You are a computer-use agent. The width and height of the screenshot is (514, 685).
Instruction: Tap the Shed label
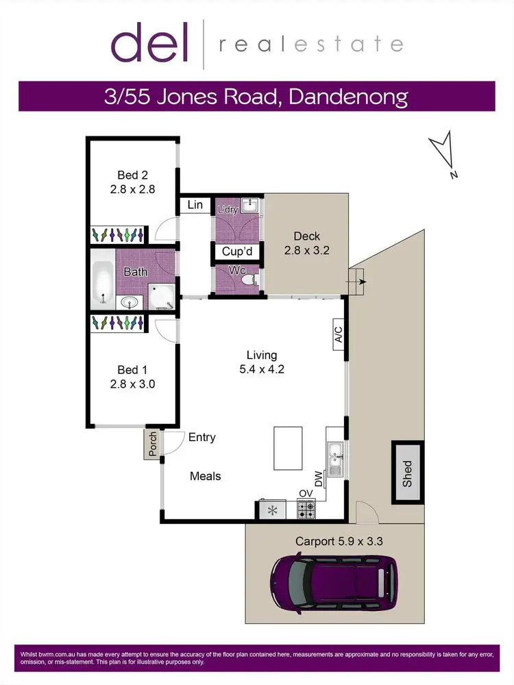[x=407, y=473]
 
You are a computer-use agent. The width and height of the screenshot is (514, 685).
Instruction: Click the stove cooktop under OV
[x=306, y=510]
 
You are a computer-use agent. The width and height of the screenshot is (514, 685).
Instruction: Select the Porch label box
[x=152, y=444]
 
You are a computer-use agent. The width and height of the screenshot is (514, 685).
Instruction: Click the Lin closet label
[x=195, y=205]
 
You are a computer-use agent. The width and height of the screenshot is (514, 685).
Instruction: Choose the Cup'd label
[x=237, y=252]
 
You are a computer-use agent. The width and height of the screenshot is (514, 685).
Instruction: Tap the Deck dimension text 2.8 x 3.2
[x=307, y=251]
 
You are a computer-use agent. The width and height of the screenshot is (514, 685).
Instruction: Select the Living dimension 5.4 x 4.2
[x=262, y=369]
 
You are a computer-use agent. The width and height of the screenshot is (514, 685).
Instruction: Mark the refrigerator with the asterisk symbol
[x=272, y=510]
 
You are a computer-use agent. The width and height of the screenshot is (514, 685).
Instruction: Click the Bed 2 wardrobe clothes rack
[x=118, y=235]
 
